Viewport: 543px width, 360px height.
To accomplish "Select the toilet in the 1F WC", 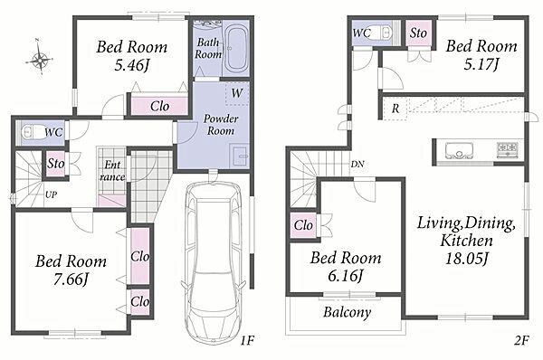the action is point(32,132).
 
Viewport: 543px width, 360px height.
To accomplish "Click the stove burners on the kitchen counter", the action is point(508,150).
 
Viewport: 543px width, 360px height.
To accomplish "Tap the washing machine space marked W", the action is point(237,93).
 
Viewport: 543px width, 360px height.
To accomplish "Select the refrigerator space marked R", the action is point(395,109).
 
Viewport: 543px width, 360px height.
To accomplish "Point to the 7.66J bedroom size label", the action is point(71,279).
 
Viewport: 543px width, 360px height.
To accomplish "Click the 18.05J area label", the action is point(466,258).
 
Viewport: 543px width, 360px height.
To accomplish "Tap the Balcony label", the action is point(347,312).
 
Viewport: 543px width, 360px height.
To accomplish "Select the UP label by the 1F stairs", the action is point(51,194).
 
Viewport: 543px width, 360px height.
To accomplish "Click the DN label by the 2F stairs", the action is point(357,164).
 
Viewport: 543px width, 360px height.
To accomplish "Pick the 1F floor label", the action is point(247,341).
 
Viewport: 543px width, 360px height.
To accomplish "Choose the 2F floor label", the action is point(521,341).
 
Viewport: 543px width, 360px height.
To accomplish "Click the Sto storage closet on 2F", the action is point(418,33).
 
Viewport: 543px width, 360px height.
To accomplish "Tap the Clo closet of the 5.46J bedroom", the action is point(159,106).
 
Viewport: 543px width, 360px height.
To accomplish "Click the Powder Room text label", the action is point(221,125).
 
